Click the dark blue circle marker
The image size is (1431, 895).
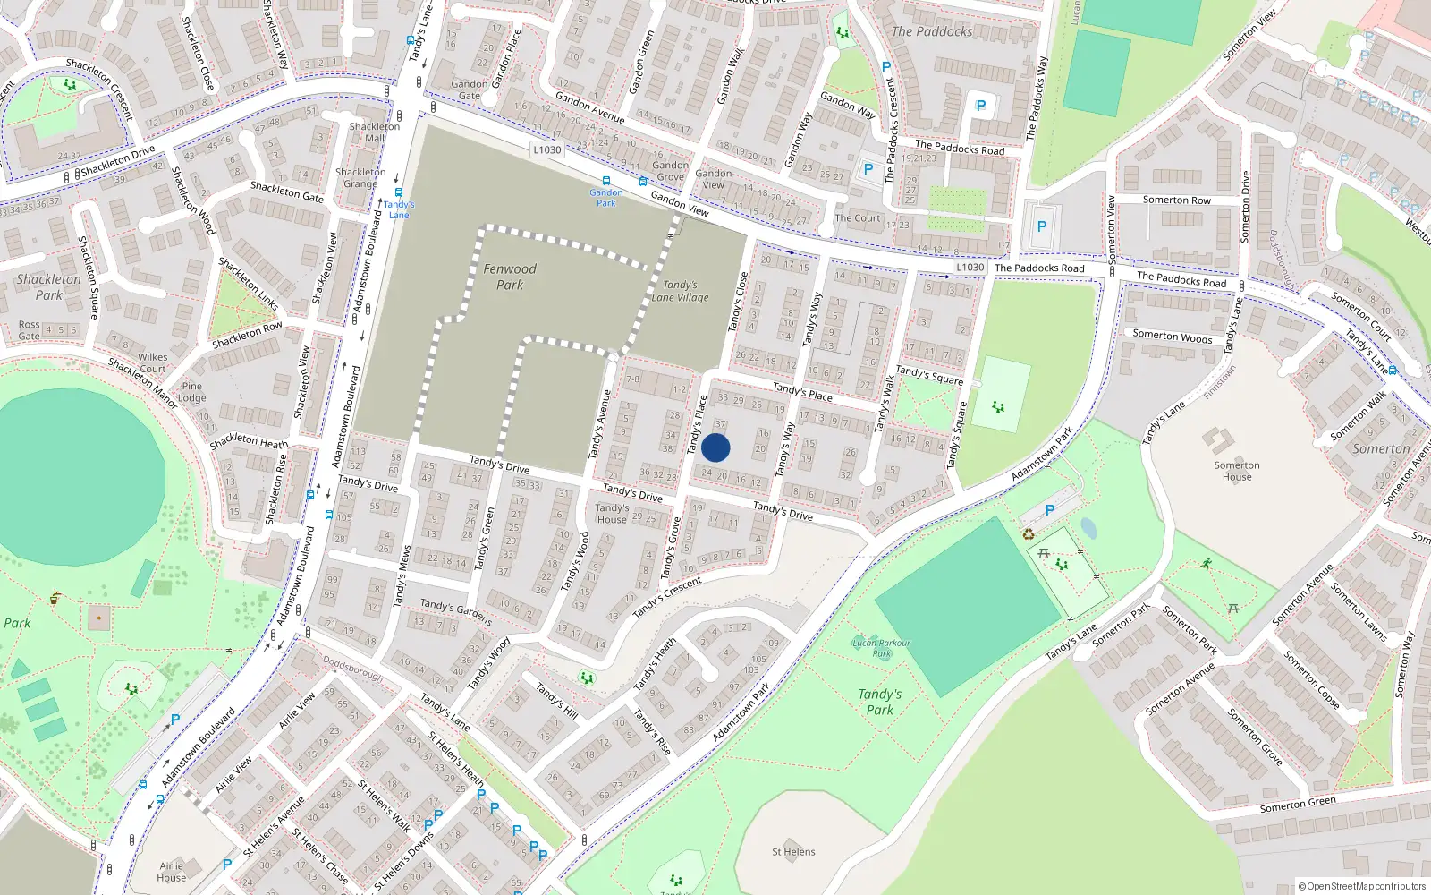[715, 447]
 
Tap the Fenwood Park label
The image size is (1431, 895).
[510, 277]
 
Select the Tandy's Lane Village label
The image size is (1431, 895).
[680, 291]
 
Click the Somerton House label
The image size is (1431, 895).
[1237, 471]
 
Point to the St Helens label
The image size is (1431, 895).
[793, 852]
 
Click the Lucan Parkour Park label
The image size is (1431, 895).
[881, 647]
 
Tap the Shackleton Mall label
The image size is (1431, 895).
[374, 132]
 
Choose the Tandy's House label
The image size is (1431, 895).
[612, 513]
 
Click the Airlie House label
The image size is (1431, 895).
[171, 871]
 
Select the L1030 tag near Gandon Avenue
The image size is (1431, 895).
[546, 149]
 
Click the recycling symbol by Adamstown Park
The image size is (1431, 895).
[1029, 534]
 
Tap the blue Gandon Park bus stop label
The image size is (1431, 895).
[605, 197]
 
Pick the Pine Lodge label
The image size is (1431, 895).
[191, 392]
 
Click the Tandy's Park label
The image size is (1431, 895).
[879, 702]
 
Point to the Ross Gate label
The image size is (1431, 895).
[29, 330]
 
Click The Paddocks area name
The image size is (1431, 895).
[931, 31]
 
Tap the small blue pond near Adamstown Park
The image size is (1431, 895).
[1088, 527]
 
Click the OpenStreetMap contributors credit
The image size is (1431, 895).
[1361, 886]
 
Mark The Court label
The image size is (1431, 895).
[857, 217]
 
